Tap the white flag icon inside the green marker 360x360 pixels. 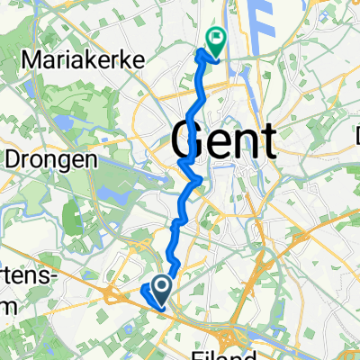click(216, 38)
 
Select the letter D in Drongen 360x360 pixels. click(14, 158)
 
